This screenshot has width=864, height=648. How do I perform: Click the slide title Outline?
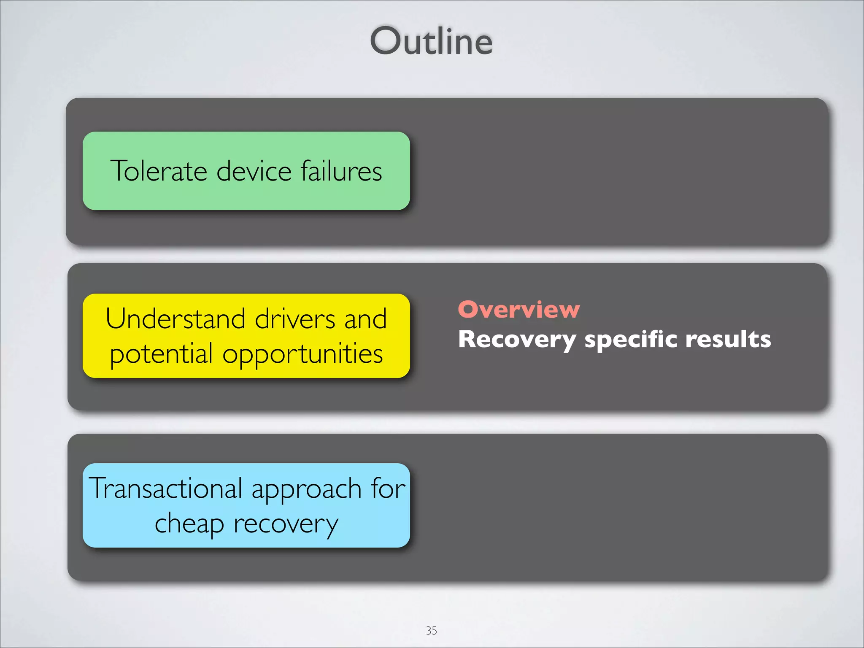pos(431,41)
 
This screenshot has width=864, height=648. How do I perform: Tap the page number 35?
pos(431,630)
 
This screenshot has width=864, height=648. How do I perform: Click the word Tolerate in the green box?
pos(159,171)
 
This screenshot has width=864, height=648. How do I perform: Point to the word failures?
pos(341,171)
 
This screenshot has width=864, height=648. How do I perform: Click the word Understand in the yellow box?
pos(175,319)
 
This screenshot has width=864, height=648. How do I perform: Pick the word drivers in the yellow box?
pos(295,319)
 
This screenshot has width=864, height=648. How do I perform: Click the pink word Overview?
pos(519,310)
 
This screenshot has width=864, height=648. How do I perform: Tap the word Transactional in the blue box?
pos(165,488)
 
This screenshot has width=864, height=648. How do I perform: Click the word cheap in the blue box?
pos(189,524)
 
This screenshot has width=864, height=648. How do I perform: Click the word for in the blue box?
pos(388,488)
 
